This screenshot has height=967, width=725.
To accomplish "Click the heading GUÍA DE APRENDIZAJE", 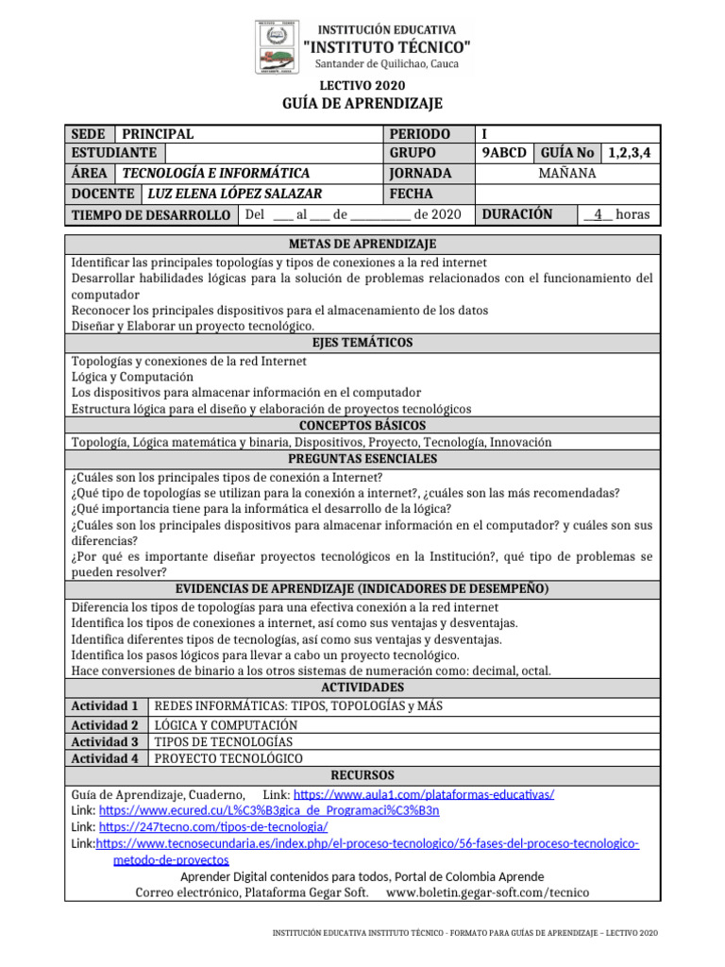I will pyautogui.click(x=362, y=103).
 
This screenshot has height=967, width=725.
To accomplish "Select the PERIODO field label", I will pyautogui.click(x=419, y=134).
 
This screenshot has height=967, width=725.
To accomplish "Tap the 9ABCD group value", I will pyautogui.click(x=504, y=153).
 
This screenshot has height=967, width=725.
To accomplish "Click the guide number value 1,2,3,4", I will pyautogui.click(x=632, y=153).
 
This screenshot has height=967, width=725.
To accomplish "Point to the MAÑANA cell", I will pyautogui.click(x=567, y=174).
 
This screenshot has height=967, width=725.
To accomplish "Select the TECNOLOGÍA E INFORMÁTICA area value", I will pyautogui.click(x=216, y=174).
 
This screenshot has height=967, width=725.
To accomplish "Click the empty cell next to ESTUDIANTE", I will pyautogui.click(x=272, y=153).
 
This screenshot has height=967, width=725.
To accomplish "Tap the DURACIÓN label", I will pyautogui.click(x=516, y=214).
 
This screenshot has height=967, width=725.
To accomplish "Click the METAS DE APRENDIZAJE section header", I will pyautogui.click(x=362, y=245).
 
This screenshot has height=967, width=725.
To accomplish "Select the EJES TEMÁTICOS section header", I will pyautogui.click(x=362, y=343).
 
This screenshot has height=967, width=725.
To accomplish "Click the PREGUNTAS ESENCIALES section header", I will pyautogui.click(x=362, y=459).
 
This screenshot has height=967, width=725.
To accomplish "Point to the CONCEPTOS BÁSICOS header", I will pyautogui.click(x=362, y=426).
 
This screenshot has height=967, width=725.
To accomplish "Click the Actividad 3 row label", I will pyautogui.click(x=106, y=742).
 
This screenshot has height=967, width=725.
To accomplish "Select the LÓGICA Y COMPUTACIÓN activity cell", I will pyautogui.click(x=219, y=725).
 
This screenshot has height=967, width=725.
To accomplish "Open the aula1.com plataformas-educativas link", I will pyautogui.click(x=424, y=795).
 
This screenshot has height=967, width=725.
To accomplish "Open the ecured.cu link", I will pyautogui.click(x=269, y=811).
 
